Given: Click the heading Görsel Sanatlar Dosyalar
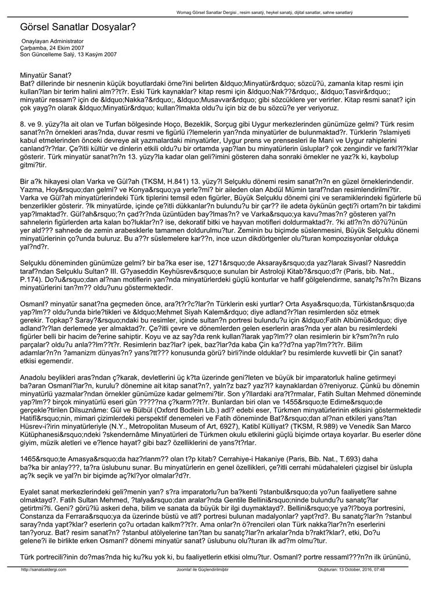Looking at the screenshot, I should click(x=78, y=27).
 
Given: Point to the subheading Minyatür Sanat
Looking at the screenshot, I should click(x=46, y=75).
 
